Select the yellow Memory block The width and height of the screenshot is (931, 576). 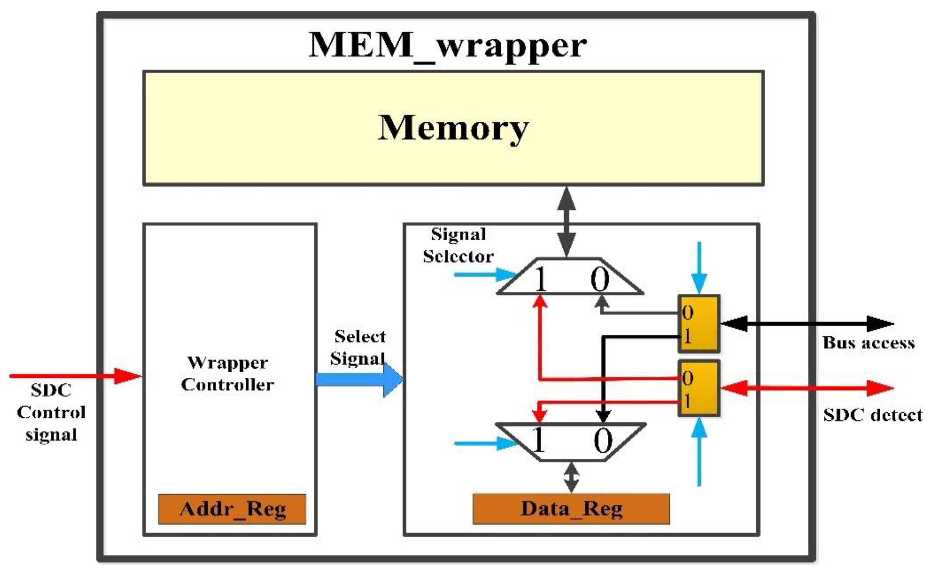pyautogui.click(x=453, y=128)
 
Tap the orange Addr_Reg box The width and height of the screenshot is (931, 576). pyautogui.click(x=232, y=509)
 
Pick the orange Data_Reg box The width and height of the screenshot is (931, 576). pyautogui.click(x=571, y=509)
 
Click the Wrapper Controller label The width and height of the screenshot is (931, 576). pyautogui.click(x=228, y=374)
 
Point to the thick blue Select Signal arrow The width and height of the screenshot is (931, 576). pyautogui.click(x=359, y=380)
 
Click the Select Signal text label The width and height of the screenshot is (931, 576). pyautogui.click(x=358, y=347)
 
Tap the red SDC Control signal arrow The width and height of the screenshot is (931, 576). pyautogui.click(x=76, y=376)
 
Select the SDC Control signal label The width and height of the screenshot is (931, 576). pyautogui.click(x=51, y=412)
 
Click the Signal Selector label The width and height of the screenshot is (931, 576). pyautogui.click(x=459, y=245)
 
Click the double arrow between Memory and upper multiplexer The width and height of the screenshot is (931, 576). pyautogui.click(x=566, y=222)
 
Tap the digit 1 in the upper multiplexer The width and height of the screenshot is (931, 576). pyautogui.click(x=541, y=279)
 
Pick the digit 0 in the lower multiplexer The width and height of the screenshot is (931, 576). pyautogui.click(x=603, y=441)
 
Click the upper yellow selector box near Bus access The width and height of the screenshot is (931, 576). pyautogui.click(x=699, y=324)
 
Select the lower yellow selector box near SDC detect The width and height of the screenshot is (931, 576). pyautogui.click(x=699, y=388)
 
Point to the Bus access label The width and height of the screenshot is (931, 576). pyautogui.click(x=869, y=343)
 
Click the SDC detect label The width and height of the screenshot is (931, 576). pyautogui.click(x=873, y=415)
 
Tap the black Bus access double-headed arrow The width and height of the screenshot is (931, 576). pyautogui.click(x=807, y=324)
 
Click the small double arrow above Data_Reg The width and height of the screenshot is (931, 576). pyautogui.click(x=571, y=477)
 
